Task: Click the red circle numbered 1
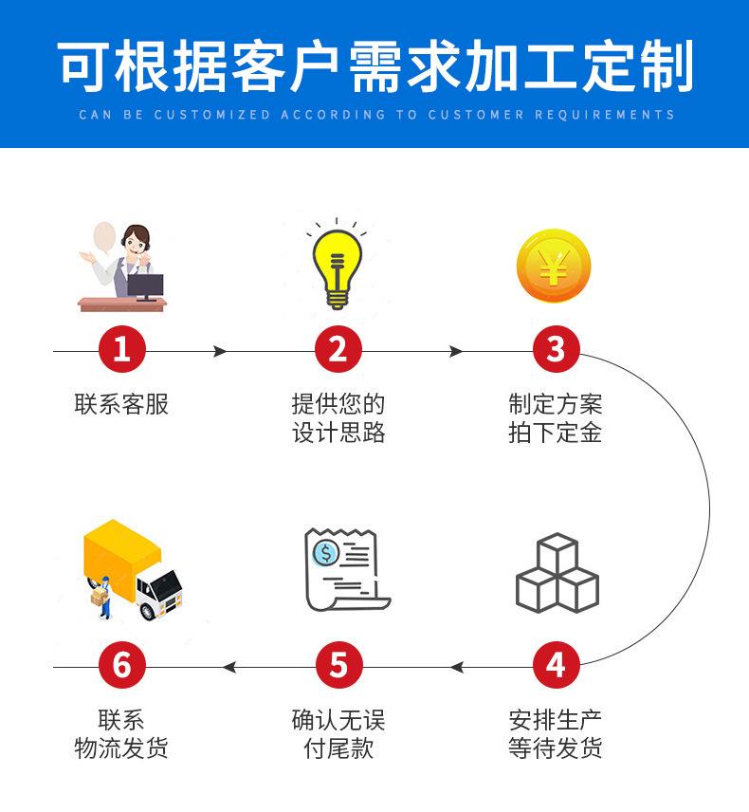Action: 122,350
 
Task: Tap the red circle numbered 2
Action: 338,350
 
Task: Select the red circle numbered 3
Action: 556,350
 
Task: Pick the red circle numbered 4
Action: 556,666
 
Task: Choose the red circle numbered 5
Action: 338,666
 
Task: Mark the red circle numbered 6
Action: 122,666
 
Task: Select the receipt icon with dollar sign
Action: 343,569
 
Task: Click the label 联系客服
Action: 121,404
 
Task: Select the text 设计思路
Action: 338,434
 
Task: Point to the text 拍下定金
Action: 556,434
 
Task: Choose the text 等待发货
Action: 556,748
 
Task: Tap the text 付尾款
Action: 338,748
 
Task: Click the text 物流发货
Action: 121,748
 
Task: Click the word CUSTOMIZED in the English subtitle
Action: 211,115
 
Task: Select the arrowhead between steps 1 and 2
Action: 220,351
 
